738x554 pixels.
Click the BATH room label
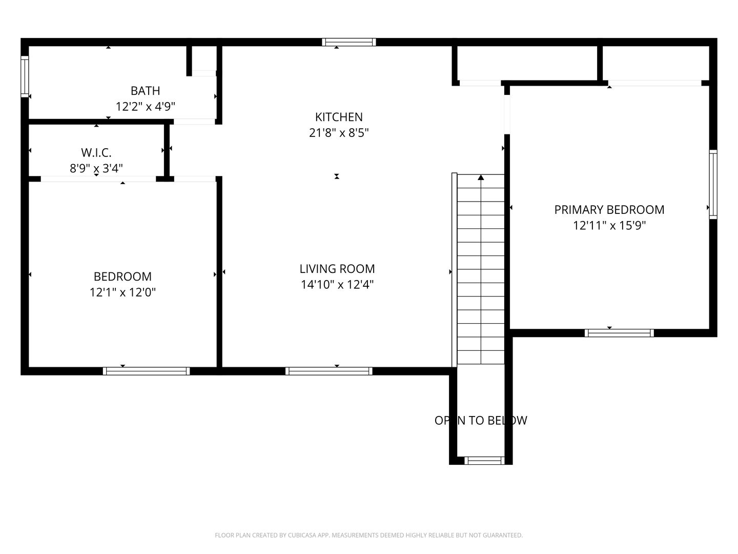(x=145, y=91)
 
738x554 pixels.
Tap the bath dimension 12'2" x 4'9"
(x=145, y=107)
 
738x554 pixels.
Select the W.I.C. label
(x=96, y=153)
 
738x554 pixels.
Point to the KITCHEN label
(x=339, y=117)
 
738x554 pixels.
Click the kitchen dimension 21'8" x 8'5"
(x=339, y=133)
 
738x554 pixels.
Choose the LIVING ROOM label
(x=337, y=269)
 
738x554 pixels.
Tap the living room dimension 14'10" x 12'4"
(x=337, y=285)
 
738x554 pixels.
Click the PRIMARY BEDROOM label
(x=609, y=210)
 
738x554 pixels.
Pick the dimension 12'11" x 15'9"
(x=609, y=225)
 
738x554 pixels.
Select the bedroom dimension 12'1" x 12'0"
(x=122, y=292)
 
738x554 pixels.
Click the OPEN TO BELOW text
(x=481, y=420)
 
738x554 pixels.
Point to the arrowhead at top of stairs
(x=481, y=177)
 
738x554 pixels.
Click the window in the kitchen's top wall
(x=349, y=42)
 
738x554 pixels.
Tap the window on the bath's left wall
(x=25, y=76)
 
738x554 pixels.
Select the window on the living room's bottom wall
(x=329, y=371)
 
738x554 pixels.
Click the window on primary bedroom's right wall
(x=713, y=185)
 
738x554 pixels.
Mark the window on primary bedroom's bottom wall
(x=619, y=333)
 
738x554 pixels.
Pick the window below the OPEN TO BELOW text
(x=484, y=461)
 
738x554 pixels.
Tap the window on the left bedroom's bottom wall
(x=146, y=371)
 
